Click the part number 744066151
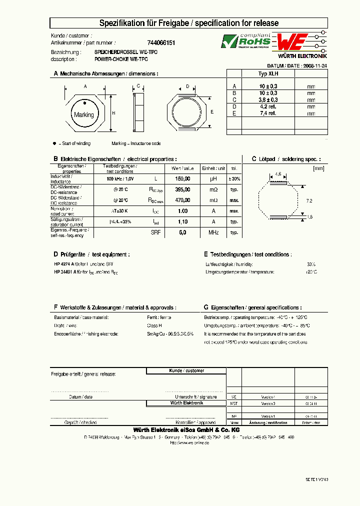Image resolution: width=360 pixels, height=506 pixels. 161,43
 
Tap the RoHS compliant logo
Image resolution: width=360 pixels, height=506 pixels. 247,41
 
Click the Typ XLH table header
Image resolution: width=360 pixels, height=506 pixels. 268,73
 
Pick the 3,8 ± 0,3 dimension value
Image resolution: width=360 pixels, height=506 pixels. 268,99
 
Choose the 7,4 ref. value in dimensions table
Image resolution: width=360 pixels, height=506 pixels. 268,113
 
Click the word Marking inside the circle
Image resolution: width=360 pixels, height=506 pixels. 83,115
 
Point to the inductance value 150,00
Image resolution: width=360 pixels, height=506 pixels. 183,178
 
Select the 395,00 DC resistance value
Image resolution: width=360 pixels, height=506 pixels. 183,189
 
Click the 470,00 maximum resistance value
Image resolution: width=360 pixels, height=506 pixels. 183,200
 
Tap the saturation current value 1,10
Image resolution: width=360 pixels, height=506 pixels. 183,221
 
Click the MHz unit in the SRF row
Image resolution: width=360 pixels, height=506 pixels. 213,232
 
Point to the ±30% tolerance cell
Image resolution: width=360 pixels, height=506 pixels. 234,178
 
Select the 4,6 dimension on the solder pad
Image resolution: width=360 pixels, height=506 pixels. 278,174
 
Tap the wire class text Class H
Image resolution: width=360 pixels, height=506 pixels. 153,325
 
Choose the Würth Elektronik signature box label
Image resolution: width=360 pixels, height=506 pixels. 186,402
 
